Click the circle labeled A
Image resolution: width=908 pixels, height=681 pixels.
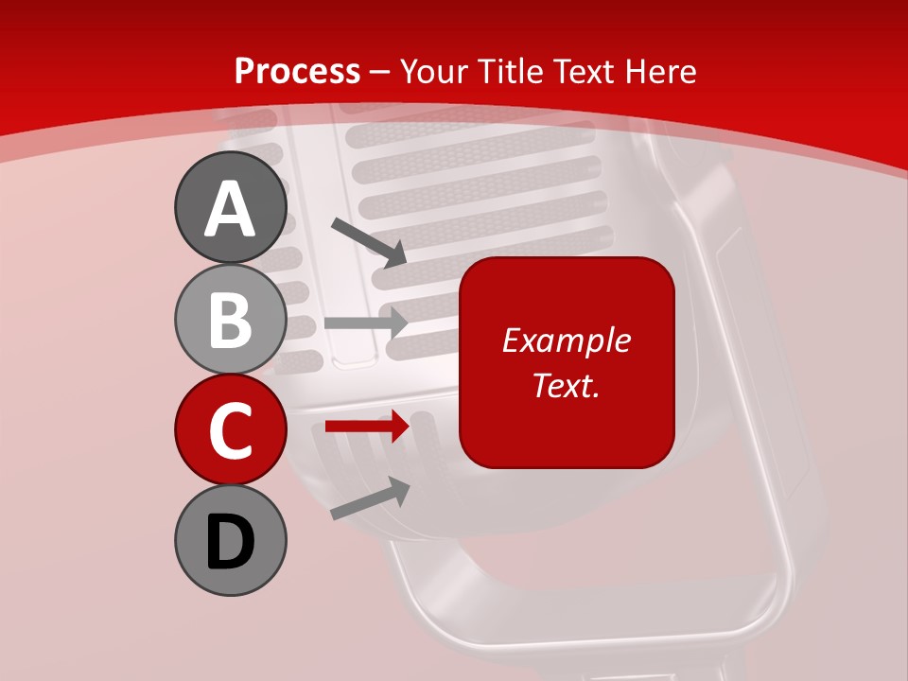(230, 207)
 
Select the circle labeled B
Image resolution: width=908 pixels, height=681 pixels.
(230, 319)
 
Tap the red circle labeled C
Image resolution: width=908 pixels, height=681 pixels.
(230, 429)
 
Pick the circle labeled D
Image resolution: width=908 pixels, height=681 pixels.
(230, 541)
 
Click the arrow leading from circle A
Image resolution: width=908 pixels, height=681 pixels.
(369, 241)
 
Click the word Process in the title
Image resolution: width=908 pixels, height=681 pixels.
(297, 72)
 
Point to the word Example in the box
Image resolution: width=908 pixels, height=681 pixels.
(567, 340)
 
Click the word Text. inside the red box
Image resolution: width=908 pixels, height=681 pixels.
(567, 386)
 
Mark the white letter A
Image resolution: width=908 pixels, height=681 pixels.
(230, 209)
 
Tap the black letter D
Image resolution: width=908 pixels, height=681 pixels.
(230, 542)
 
